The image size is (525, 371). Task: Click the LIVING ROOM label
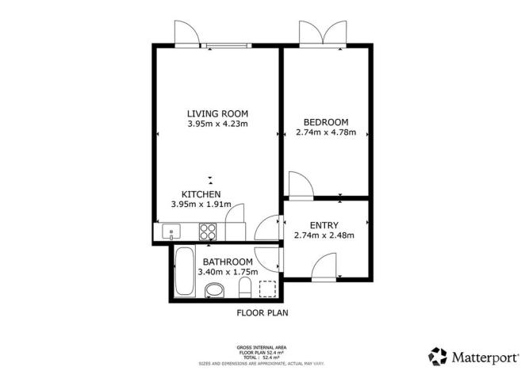[217, 113]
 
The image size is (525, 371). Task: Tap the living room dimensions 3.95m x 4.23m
[217, 124]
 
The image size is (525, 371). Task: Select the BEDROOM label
[326, 122]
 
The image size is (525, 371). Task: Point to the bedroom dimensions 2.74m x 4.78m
[326, 132]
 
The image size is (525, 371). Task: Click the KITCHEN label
[201, 194]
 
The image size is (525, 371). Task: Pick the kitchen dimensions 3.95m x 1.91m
[201, 205]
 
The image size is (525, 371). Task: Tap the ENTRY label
[324, 225]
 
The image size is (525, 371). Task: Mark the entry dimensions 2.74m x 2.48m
[324, 235]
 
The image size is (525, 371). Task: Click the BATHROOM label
[228, 262]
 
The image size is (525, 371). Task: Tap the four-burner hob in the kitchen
[209, 232]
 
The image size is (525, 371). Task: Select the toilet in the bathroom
[246, 289]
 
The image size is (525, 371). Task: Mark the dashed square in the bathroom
[268, 289]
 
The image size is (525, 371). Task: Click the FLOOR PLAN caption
[262, 313]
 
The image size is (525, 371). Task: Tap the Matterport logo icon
[439, 355]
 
